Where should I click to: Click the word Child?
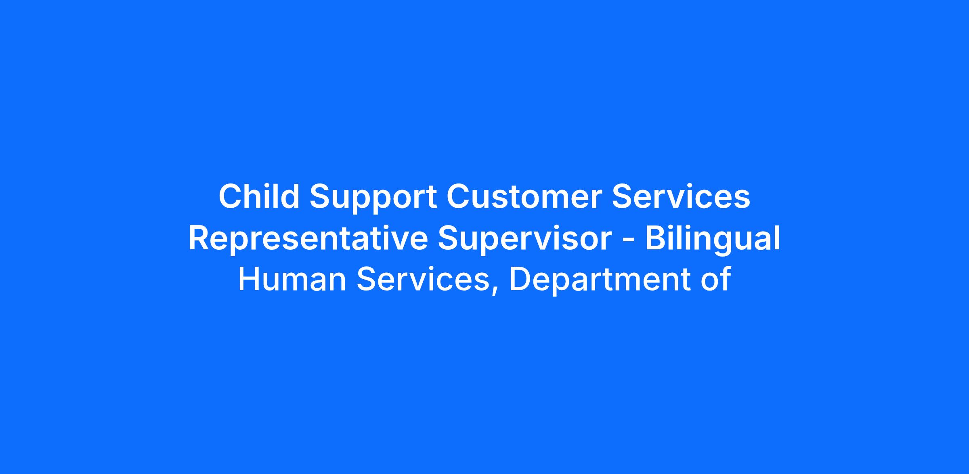tap(259, 196)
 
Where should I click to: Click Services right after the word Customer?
tap(681, 197)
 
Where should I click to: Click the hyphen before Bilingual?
tap(629, 241)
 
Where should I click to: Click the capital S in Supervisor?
tap(449, 238)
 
